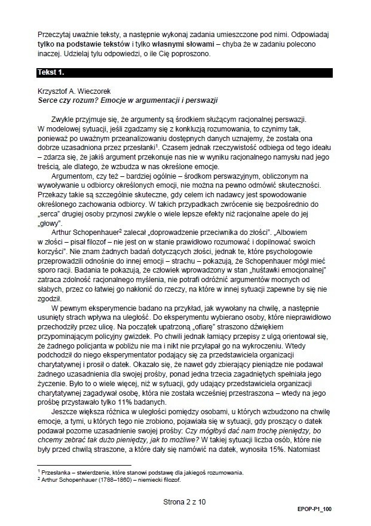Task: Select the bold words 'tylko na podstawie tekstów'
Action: [x=76, y=45]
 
